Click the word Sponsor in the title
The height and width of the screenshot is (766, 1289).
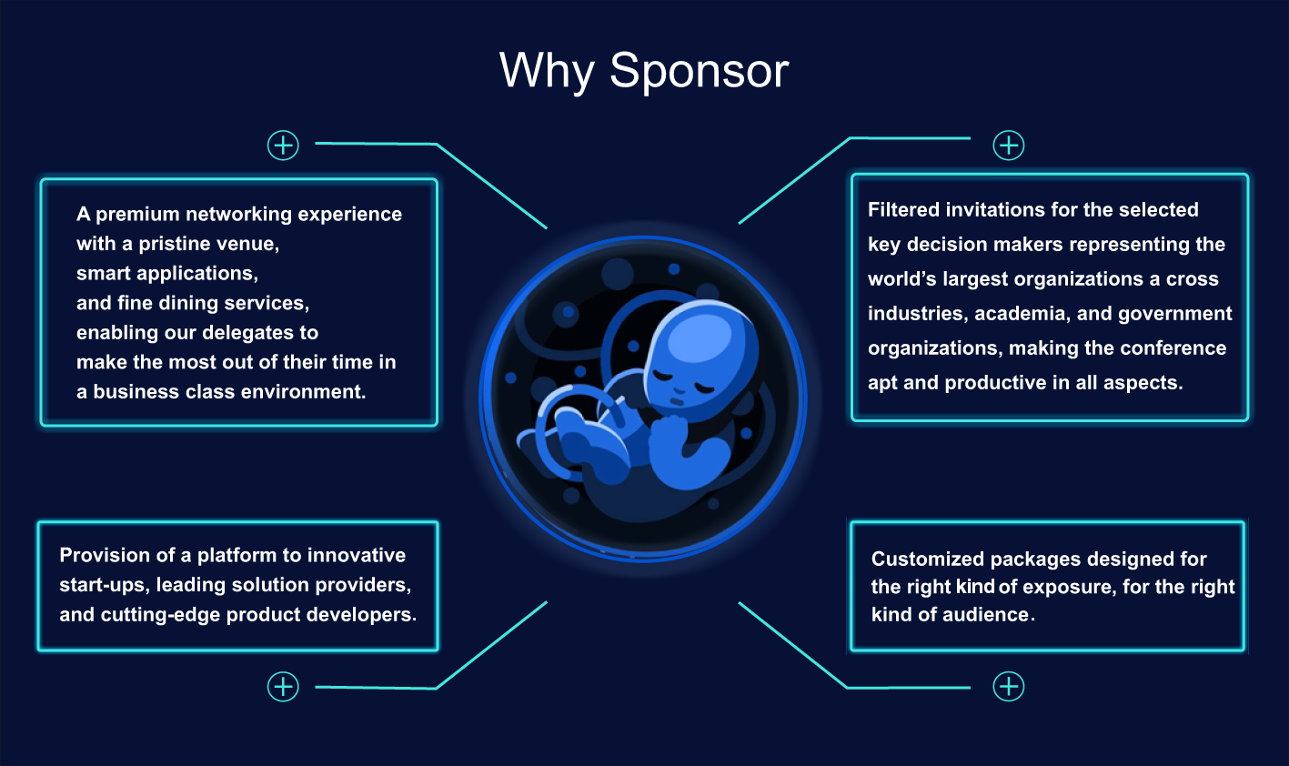(700, 71)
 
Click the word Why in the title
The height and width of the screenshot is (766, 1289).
(547, 71)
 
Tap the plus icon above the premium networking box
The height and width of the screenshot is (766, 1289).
(283, 145)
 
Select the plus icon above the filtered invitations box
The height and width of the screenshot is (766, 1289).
(1009, 145)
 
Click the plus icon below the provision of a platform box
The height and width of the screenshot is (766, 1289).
(283, 687)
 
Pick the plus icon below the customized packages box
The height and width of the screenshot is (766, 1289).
(1009, 687)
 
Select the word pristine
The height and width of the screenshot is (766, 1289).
(175, 244)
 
